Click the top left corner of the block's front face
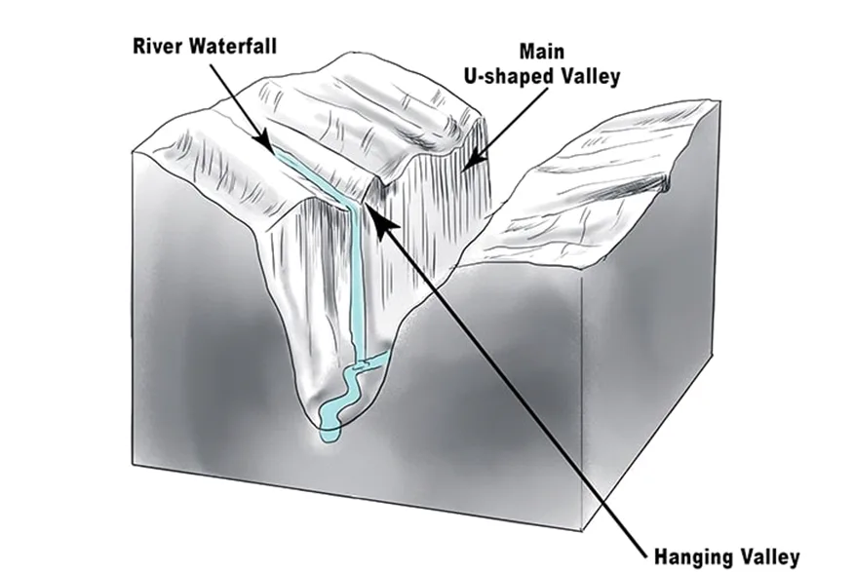click(132, 153)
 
